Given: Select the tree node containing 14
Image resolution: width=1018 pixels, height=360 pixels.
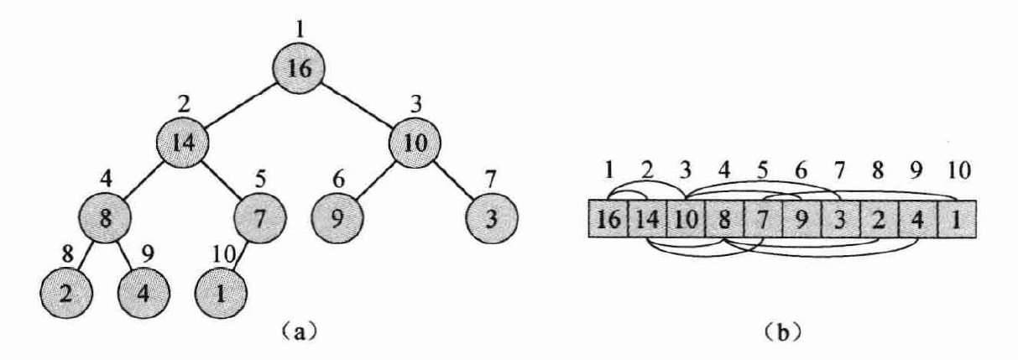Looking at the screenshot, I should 182,141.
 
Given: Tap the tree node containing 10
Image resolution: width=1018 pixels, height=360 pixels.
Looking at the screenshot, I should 414,141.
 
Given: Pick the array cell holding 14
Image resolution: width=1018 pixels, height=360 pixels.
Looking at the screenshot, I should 647,220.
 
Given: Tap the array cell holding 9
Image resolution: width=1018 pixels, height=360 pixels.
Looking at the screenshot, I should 801,220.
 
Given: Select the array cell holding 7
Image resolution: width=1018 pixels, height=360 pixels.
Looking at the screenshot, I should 763,220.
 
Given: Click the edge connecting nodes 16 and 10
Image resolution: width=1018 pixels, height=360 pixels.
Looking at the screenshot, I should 358,104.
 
